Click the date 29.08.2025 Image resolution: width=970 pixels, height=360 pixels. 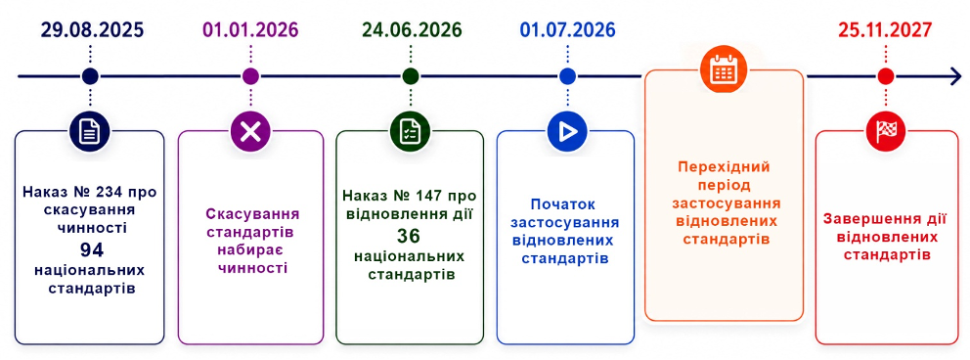pyautogui.click(x=92, y=29)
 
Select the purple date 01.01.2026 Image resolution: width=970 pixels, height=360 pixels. pyautogui.click(x=250, y=29)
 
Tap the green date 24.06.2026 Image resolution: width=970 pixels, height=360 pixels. pyautogui.click(x=412, y=29)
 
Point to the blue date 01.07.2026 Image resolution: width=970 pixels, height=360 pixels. pyautogui.click(x=568, y=29)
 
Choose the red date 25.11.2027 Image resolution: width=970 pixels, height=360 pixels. pyautogui.click(x=885, y=29)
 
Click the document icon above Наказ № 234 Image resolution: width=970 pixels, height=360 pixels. pyautogui.click(x=90, y=131)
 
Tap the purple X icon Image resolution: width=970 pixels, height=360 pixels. pyautogui.click(x=250, y=131)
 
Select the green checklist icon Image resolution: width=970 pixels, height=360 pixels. pyautogui.click(x=410, y=131)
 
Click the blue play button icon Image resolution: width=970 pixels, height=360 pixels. pyautogui.click(x=567, y=131)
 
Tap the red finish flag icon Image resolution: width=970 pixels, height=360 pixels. pyautogui.click(x=886, y=130)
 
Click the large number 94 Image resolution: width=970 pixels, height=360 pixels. pyautogui.click(x=90, y=249)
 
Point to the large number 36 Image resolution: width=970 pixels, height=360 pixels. pyautogui.click(x=409, y=236)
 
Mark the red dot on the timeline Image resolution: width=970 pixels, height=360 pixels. pyautogui.click(x=886, y=76)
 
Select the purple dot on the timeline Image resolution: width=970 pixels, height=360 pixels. pyautogui.click(x=250, y=76)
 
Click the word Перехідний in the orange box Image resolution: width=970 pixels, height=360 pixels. pyautogui.click(x=724, y=167)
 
